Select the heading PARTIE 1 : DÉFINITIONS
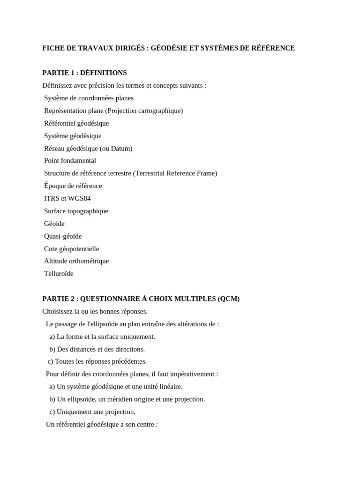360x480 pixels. pyautogui.click(x=84, y=73)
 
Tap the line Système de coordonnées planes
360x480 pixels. pyautogui.click(x=89, y=98)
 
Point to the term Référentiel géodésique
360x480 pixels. pyautogui.click(x=76, y=124)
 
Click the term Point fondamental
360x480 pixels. pyautogui.click(x=70, y=161)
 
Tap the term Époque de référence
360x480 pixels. pyautogui.click(x=73, y=186)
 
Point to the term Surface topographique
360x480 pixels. pyautogui.click(x=76, y=211)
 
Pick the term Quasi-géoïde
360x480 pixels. pyautogui.click(x=63, y=237)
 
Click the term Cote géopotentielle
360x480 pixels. pyautogui.click(x=71, y=249)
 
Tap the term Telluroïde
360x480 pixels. pyautogui.click(x=59, y=274)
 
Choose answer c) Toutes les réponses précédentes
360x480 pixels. pyautogui.click(x=97, y=362)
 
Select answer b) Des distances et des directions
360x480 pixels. pyautogui.click(x=97, y=350)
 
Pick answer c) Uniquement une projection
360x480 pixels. pyautogui.click(x=92, y=412)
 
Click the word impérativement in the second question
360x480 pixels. pyautogui.click(x=194, y=375)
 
